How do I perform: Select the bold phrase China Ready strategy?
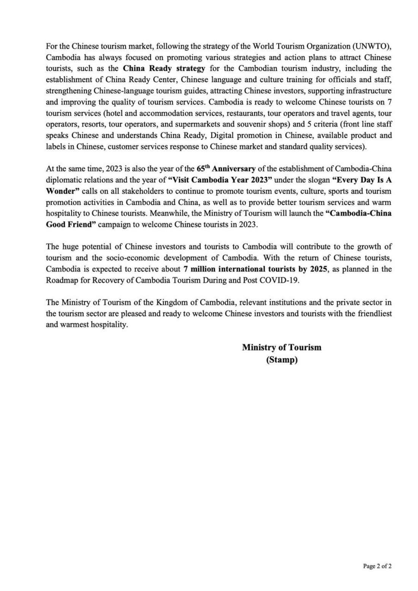[164, 69]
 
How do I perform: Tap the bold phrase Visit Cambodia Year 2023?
[220, 180]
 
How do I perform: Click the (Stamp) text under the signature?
[282, 360]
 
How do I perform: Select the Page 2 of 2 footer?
[377, 566]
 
